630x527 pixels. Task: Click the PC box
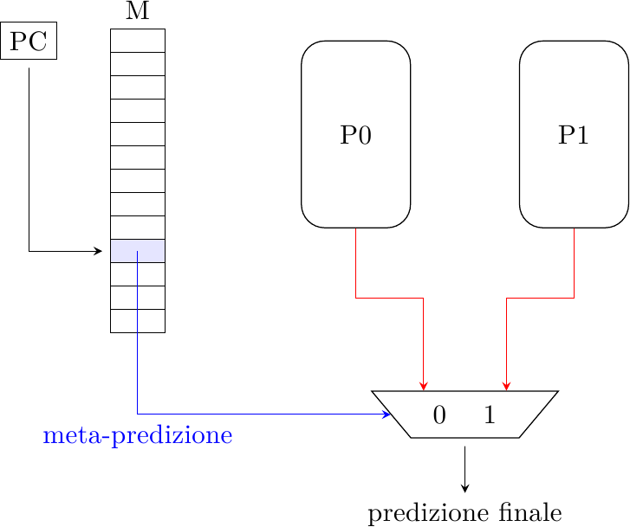tap(29, 42)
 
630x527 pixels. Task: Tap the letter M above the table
tap(138, 11)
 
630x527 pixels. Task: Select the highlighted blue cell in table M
tap(138, 250)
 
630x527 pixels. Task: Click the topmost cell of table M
tap(138, 41)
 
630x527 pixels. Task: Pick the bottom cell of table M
tap(138, 320)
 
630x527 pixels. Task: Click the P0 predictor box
tap(355, 134)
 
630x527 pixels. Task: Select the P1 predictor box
tap(574, 134)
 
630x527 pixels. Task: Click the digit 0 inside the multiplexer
tap(439, 415)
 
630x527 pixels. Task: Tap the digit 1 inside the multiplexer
tap(490, 415)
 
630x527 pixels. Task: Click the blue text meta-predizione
tap(138, 435)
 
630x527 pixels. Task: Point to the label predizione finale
tap(465, 512)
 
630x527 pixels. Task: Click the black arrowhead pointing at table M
tap(99, 251)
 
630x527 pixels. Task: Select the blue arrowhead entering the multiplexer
tap(387, 414)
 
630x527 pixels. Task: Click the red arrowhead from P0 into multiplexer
tap(423, 386)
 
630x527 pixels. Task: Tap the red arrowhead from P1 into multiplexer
tap(506, 386)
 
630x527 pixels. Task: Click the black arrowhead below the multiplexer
tap(465, 488)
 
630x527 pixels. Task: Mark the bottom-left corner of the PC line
tap(29, 251)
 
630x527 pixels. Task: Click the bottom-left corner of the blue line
tap(138, 414)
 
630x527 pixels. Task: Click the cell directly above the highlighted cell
tap(138, 227)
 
